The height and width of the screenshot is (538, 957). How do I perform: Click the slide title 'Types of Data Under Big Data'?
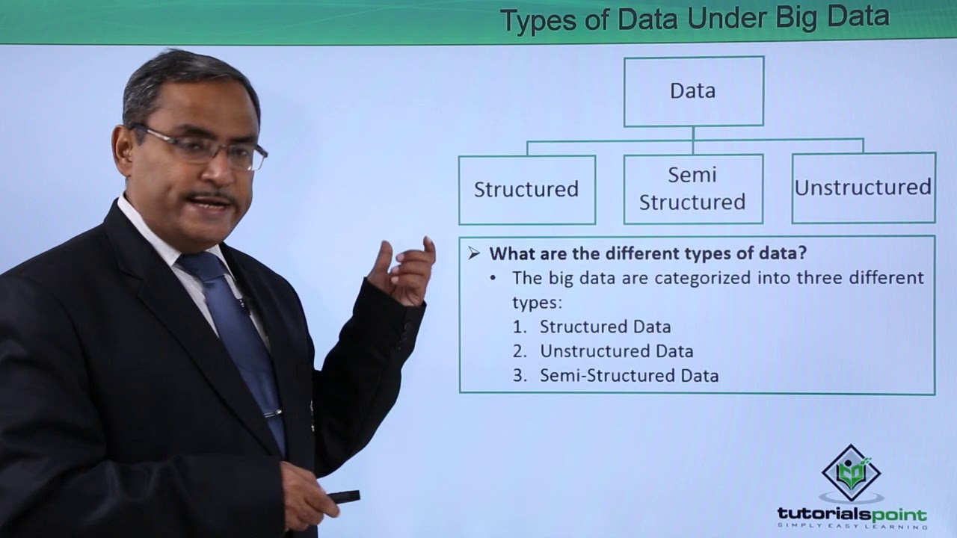(x=694, y=19)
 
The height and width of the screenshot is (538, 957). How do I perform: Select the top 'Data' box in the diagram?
(x=693, y=91)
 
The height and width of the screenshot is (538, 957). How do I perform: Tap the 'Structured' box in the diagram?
(x=526, y=190)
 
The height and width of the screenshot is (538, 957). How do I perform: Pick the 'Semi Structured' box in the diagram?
(x=692, y=189)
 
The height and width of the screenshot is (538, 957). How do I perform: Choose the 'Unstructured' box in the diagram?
(x=863, y=188)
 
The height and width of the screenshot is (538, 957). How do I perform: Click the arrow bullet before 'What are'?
(x=474, y=254)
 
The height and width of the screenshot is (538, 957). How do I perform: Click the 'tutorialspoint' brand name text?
(x=852, y=515)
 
